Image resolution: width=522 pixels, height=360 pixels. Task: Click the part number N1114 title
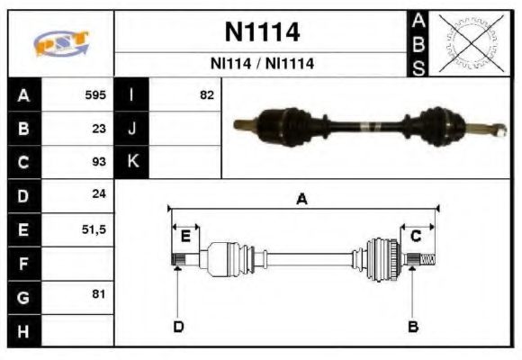pyautogui.click(x=261, y=32)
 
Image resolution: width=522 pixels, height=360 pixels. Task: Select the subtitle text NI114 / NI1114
pyautogui.click(x=261, y=64)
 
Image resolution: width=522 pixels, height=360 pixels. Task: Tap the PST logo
pyautogui.click(x=60, y=43)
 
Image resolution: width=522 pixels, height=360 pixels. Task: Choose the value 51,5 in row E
pyautogui.click(x=94, y=229)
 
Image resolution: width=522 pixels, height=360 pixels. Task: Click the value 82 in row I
pyautogui.click(x=207, y=94)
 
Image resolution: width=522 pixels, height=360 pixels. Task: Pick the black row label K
pyautogui.click(x=132, y=162)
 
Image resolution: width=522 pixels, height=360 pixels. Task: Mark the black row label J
pyautogui.click(x=132, y=128)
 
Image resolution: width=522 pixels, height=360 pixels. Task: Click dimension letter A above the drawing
pyautogui.click(x=302, y=200)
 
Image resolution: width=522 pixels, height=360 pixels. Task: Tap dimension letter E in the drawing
pyautogui.click(x=185, y=236)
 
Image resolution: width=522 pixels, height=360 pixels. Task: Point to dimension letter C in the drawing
pyautogui.click(x=416, y=236)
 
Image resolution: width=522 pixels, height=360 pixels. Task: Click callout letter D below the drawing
pyautogui.click(x=178, y=326)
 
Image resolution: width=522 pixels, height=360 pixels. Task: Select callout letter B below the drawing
pyautogui.click(x=413, y=326)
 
